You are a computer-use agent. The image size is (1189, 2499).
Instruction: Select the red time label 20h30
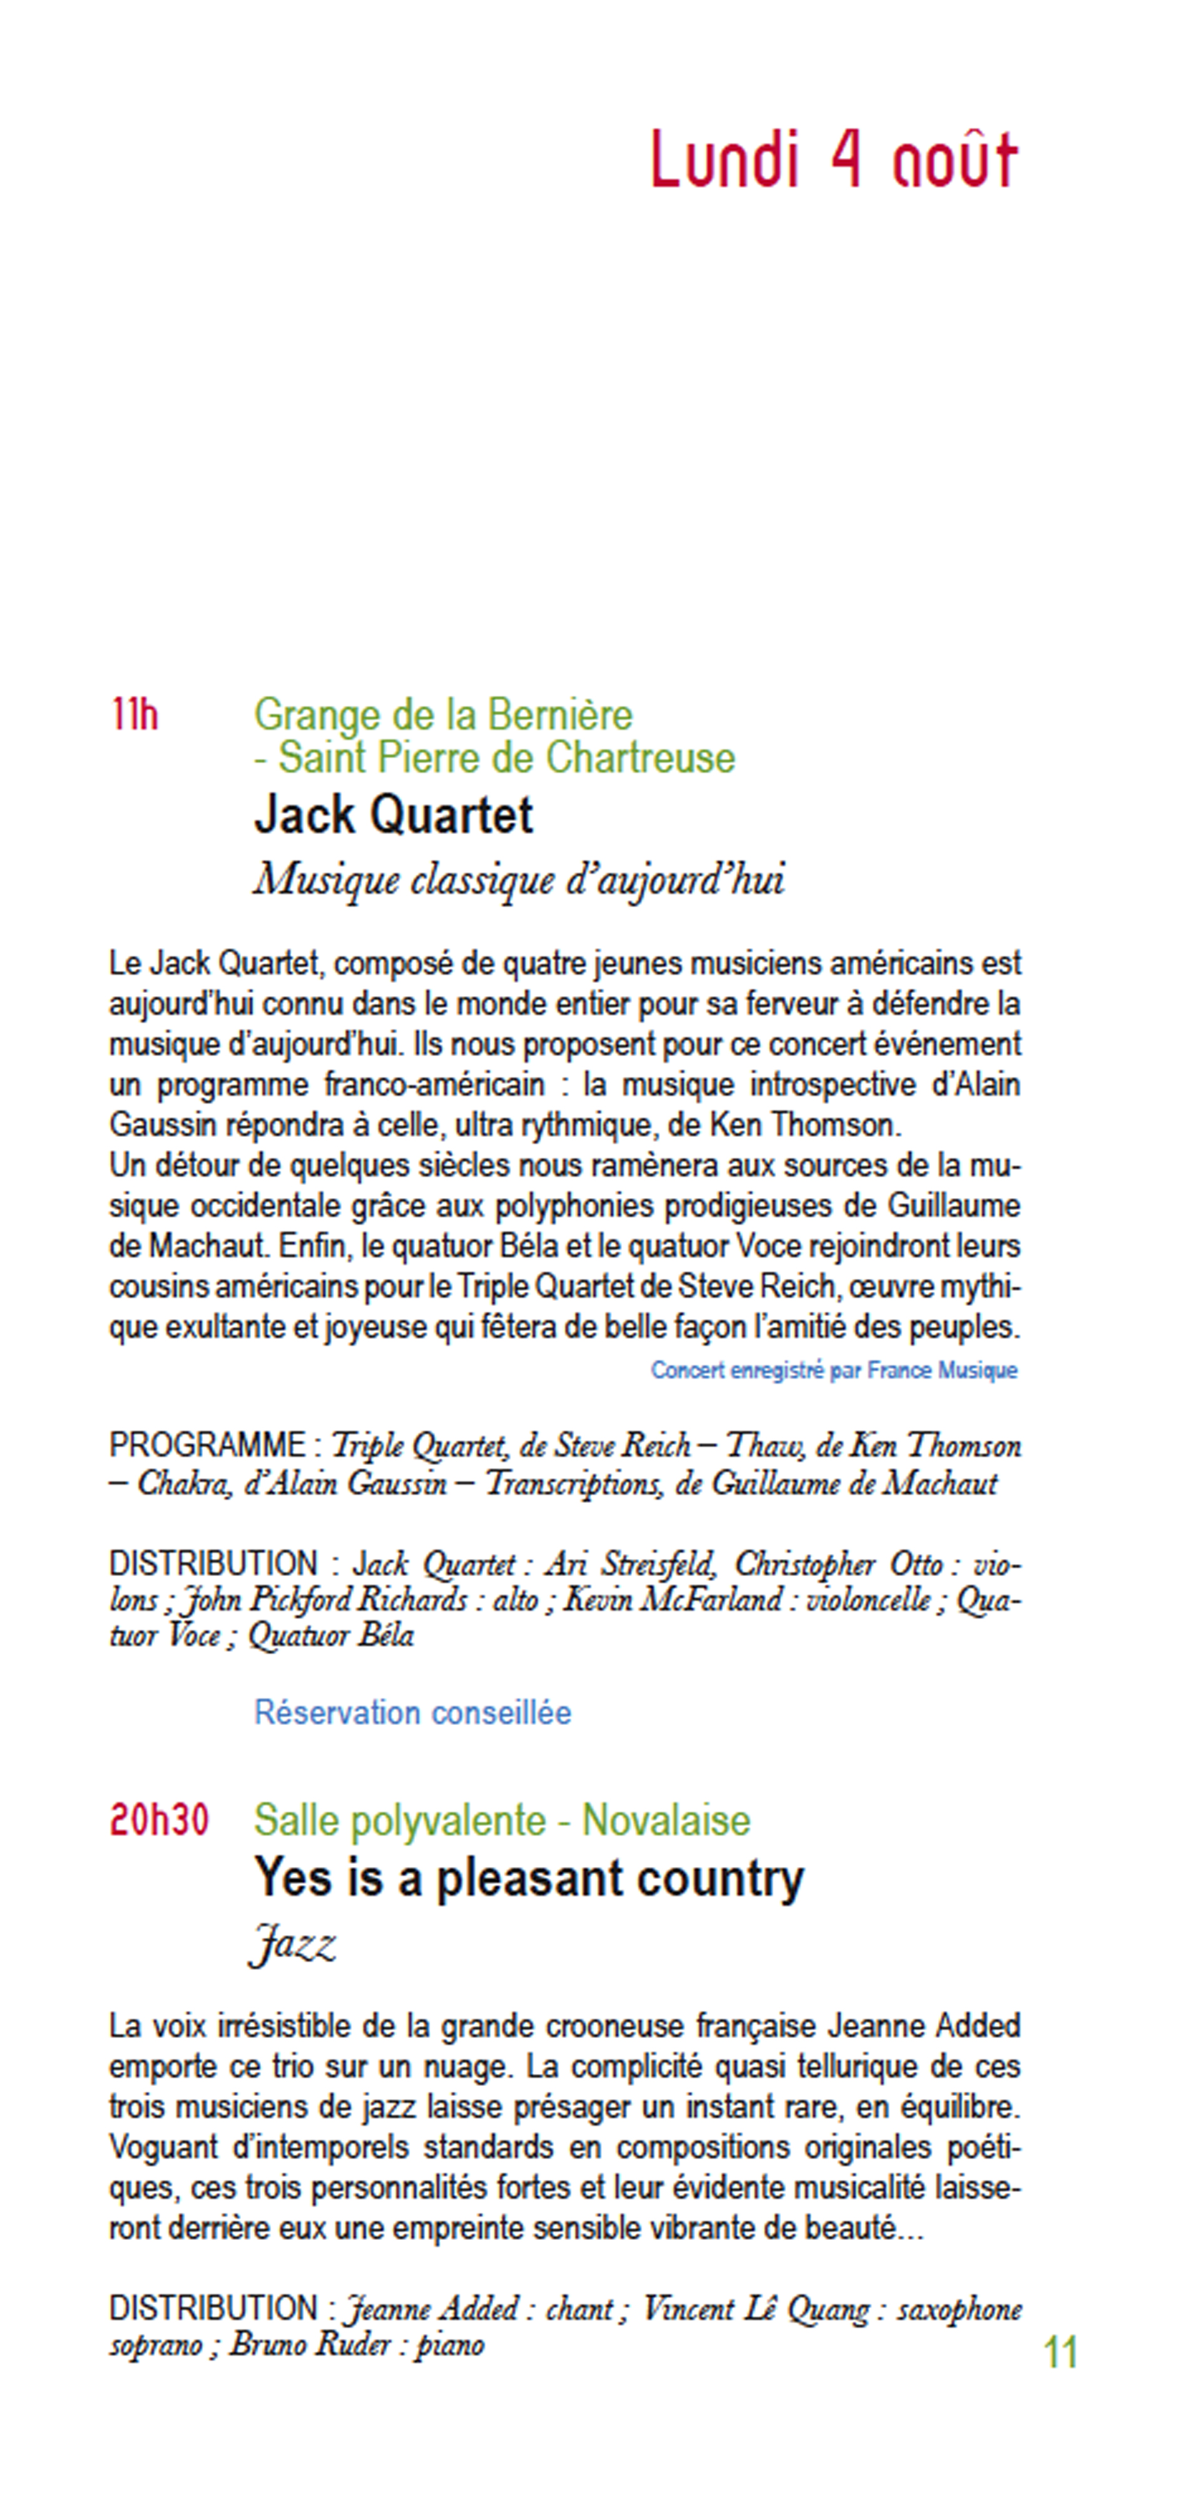click(x=159, y=1820)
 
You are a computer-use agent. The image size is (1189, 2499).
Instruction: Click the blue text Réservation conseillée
click(x=412, y=1713)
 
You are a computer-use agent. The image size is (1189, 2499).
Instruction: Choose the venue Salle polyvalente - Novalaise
click(x=502, y=1820)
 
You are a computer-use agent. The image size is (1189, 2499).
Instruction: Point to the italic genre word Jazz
click(x=293, y=1945)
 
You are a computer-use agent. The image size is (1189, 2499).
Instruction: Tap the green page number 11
click(x=1060, y=2353)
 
